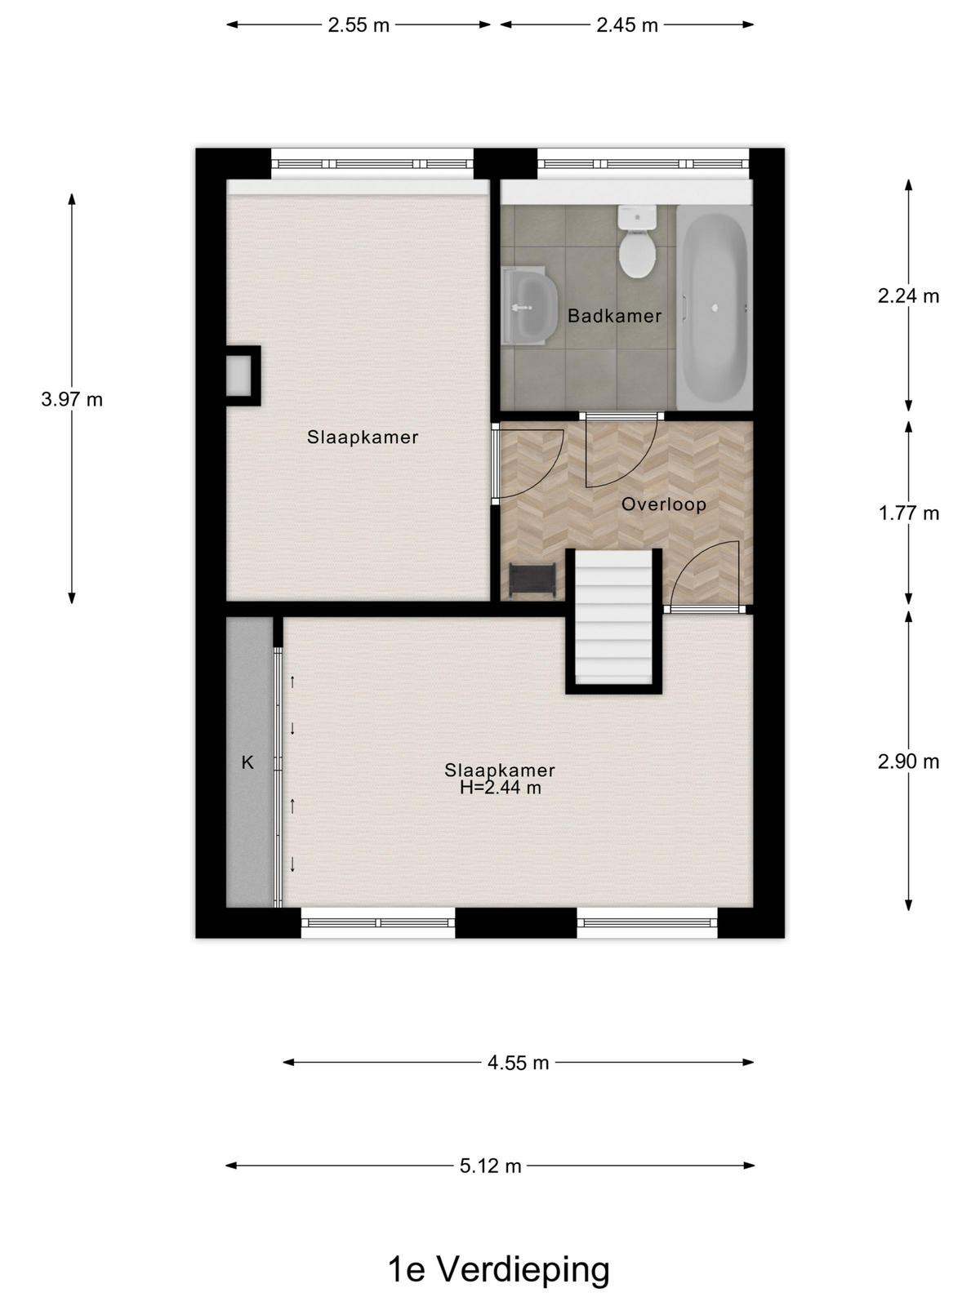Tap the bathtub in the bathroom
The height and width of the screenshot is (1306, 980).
[x=714, y=308]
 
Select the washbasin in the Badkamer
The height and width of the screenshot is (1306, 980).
[x=529, y=305]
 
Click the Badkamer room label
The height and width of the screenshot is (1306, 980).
[x=614, y=316]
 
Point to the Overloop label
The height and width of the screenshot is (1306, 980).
[x=663, y=504]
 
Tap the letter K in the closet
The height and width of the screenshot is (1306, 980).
[x=247, y=762]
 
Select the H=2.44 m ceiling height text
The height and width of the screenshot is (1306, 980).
[x=501, y=788]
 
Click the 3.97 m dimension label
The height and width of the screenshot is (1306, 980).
[x=72, y=399]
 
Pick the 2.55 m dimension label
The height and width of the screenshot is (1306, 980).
[x=359, y=25]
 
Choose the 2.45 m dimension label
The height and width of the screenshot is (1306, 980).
[x=628, y=25]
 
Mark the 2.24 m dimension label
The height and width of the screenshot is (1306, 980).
[x=908, y=295]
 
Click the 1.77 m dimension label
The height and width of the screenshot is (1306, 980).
[x=909, y=513]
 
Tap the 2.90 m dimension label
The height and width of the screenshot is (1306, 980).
[x=908, y=762]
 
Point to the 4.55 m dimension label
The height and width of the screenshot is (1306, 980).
[x=519, y=1063]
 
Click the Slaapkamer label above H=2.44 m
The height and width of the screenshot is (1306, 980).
[x=500, y=771]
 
